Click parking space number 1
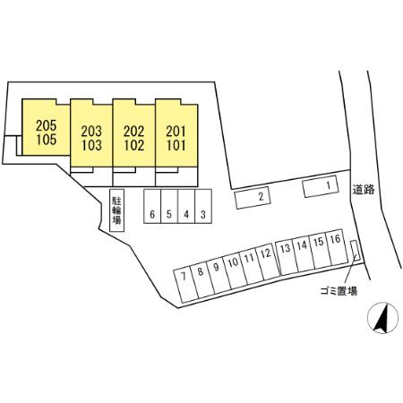click(321, 186)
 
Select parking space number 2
click(253, 197)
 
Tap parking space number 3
click(203, 206)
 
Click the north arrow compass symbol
click(383, 318)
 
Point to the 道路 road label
click(364, 190)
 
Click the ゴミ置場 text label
click(339, 290)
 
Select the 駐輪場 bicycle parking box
click(116, 210)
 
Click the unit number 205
click(47, 125)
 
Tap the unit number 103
click(91, 145)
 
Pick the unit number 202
click(134, 132)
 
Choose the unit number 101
click(176, 145)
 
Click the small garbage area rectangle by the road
click(355, 251)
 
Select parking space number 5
click(169, 206)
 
